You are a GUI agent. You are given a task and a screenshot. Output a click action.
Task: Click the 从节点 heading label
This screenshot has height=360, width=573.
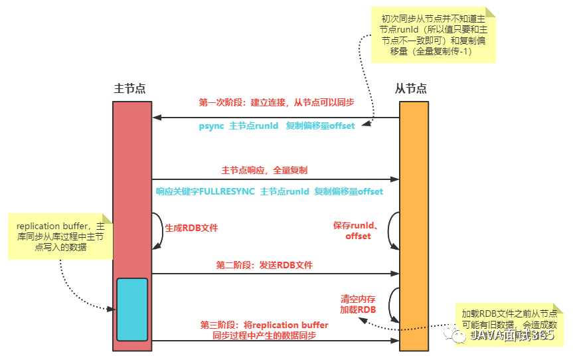[410, 88]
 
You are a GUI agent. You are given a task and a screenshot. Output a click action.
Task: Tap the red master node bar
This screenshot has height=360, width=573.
[132, 186]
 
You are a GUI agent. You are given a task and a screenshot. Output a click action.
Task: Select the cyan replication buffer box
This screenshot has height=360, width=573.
[132, 309]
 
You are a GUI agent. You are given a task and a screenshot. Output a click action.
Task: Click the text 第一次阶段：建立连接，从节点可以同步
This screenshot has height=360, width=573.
[276, 103]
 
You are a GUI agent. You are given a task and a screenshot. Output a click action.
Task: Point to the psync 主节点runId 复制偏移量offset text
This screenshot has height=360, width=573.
[276, 126]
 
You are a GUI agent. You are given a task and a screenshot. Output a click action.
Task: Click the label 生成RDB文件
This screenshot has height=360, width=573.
[191, 228]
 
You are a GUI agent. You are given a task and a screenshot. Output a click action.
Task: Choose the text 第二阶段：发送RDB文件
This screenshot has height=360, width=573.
[264, 264]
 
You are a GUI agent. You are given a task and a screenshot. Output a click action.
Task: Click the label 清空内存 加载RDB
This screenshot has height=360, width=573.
[359, 304]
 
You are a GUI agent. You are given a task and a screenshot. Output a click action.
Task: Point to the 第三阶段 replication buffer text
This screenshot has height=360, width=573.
[264, 330]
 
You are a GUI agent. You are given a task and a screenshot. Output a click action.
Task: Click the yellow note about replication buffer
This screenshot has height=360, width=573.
[60, 236]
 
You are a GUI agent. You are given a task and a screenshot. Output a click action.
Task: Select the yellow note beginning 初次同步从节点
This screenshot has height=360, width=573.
[433, 36]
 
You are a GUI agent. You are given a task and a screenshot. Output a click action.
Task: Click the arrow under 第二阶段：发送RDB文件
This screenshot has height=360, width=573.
[275, 273]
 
